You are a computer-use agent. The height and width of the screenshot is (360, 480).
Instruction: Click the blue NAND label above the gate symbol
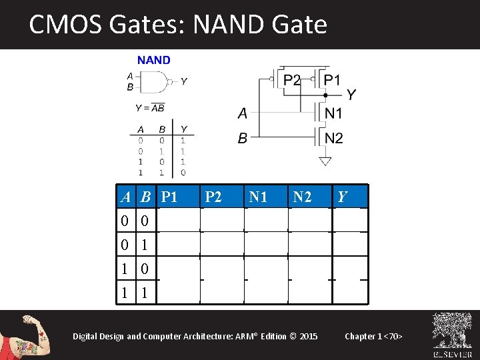coord(154,60)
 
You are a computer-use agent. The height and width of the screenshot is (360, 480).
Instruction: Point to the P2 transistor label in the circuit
coord(292,80)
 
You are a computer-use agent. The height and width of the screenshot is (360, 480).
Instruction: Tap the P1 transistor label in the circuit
coord(332,80)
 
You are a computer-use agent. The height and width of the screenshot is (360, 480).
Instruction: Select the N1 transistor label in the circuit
coord(334,113)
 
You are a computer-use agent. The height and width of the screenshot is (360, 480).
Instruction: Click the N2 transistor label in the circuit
coord(334,138)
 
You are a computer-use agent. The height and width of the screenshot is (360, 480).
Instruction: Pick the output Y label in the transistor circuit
coord(351,95)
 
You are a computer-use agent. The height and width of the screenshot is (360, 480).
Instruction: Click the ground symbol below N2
coord(325,161)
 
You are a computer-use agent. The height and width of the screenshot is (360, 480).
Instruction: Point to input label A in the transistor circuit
coord(242,114)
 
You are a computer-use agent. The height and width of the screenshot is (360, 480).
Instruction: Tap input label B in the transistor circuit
coord(242,139)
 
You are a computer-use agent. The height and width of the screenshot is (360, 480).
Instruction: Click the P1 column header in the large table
coord(169,197)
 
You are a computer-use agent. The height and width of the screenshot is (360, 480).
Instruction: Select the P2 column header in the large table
coord(213,197)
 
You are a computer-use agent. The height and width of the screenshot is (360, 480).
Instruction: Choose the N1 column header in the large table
coord(258,197)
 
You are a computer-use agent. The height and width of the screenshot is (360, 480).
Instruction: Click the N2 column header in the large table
coord(302,197)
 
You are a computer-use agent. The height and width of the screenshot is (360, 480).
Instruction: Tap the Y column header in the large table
coord(343,197)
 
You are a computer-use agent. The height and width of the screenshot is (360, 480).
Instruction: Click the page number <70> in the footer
coord(393,336)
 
